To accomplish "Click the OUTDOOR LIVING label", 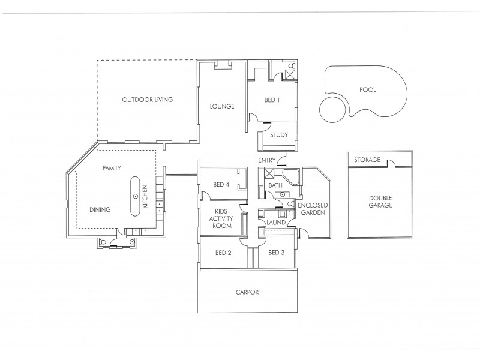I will tap(148, 100).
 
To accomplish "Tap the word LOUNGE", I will tap(221, 107).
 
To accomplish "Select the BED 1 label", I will tap(272, 100).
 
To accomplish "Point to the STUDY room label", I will tap(279, 135).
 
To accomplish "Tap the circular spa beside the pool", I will tap(334, 109).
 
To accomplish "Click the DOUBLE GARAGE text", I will tap(380, 201).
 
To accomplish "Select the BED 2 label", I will tap(223, 253).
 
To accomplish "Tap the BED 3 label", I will tap(276, 253).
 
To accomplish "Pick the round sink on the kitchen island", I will tap(136, 196).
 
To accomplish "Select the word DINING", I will tap(100, 209).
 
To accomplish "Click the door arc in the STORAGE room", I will tap(392, 163).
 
